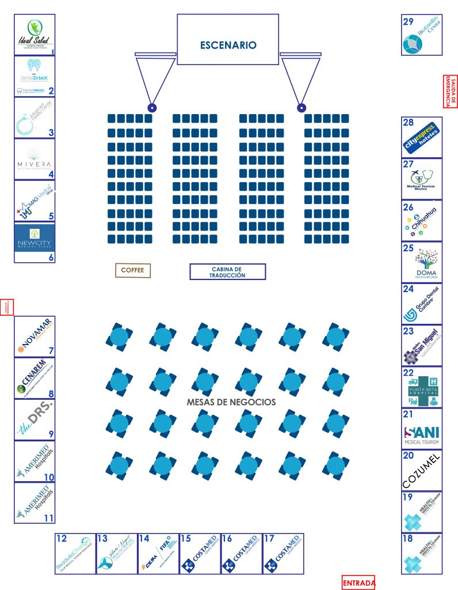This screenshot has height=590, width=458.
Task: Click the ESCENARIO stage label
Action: coord(228,45)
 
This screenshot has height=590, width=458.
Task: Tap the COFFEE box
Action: coord(132,270)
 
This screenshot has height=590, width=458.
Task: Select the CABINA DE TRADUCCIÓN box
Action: coord(228,271)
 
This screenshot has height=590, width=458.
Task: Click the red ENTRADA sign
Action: coord(358,583)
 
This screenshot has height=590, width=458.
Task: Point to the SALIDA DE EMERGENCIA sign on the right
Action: coord(450,91)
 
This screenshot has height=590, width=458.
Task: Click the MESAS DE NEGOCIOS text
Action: coord(231,402)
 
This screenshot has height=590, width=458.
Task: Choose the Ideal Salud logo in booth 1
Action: coord(34,35)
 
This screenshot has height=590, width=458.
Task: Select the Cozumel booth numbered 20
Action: coord(422,469)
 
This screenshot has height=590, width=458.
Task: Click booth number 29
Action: coord(409,22)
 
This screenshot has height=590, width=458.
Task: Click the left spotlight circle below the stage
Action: coord(152,108)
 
